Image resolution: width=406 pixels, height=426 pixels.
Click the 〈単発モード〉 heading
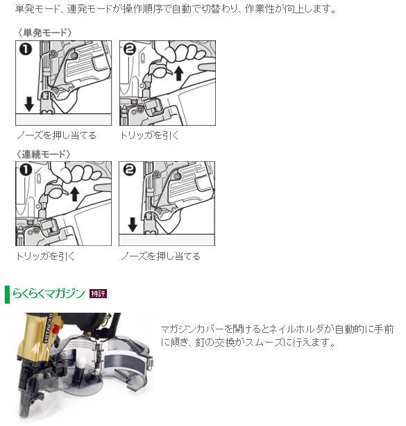pyautogui.click(x=44, y=33)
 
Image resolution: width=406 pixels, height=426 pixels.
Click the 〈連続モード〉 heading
pyautogui.click(x=44, y=154)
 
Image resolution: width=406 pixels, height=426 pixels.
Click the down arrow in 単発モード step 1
pyautogui.click(x=28, y=104)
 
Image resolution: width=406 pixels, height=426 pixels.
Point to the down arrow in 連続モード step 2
pyautogui.click(x=133, y=224)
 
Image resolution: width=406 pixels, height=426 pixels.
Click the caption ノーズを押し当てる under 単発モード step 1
pyautogui.click(x=56, y=136)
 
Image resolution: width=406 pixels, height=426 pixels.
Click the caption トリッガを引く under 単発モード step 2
pyautogui.click(x=149, y=136)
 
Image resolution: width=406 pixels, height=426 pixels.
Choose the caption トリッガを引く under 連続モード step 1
pyautogui.click(x=45, y=256)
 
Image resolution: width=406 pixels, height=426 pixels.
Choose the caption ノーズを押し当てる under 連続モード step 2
pyautogui.click(x=160, y=256)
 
